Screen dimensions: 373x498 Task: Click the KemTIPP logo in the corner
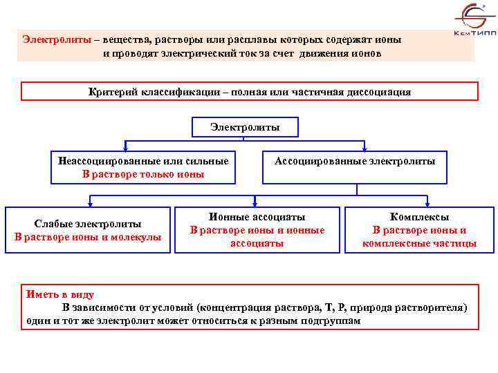tap(472, 21)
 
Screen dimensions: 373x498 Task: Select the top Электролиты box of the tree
tap(245, 127)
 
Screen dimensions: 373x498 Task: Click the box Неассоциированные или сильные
tap(143, 161)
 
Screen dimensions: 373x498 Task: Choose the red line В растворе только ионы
tap(143, 174)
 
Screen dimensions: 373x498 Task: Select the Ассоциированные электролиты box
tap(355, 161)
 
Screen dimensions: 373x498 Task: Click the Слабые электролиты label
tap(88, 224)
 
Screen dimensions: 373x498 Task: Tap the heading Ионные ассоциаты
tap(257, 217)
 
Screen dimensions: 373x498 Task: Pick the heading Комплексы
tap(419, 217)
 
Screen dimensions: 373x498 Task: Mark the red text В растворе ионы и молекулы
tap(88, 237)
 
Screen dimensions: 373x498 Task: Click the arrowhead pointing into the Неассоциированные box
tap(125, 147)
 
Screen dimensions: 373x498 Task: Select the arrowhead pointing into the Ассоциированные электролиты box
tap(364, 147)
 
